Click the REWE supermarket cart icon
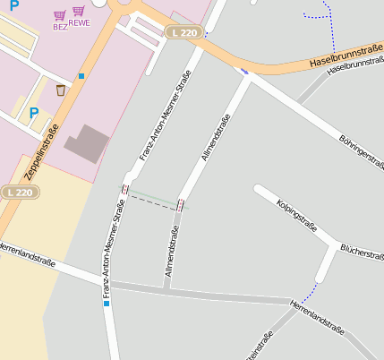pos(79,12)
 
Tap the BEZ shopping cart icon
pos(60,16)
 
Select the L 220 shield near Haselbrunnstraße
pos(183,32)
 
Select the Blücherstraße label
pos(362,254)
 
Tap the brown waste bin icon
pos(61,90)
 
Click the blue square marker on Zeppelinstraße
pos(81,76)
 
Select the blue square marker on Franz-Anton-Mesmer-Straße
pos(107,304)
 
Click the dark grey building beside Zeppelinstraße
pos(87,143)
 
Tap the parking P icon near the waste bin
pos(34,113)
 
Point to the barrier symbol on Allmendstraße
pos(182,205)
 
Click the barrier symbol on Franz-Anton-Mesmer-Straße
pos(124,189)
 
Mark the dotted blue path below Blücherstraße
pos(309,293)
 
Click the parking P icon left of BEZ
pos(13,5)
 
